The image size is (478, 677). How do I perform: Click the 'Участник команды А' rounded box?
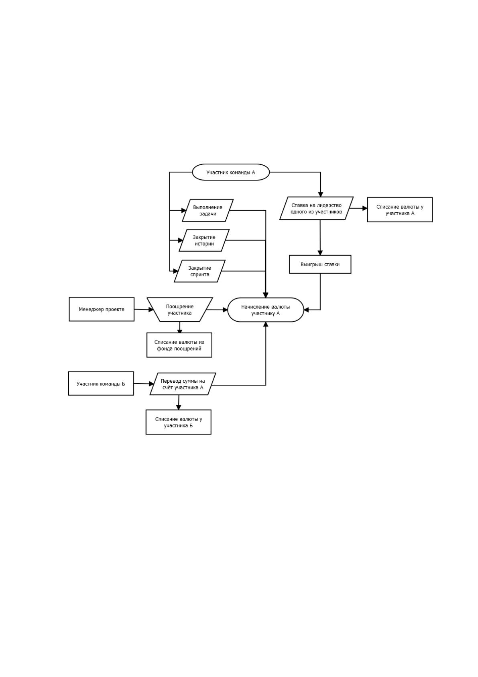coord(230,172)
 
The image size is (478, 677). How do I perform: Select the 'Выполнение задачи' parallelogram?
coord(207,210)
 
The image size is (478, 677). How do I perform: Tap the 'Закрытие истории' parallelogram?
coord(204,240)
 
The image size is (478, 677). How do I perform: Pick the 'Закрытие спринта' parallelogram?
coord(199,271)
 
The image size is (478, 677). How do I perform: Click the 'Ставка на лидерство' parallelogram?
coord(316,208)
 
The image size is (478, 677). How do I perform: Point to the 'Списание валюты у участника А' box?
coord(400,210)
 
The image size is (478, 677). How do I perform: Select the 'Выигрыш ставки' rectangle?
coord(320,265)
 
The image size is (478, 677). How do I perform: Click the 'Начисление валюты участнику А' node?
coord(266,310)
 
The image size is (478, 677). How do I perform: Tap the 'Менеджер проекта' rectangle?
coord(102,309)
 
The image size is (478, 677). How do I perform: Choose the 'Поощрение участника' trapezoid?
coord(179,310)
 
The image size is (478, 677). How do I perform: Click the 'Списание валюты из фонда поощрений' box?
coord(179,345)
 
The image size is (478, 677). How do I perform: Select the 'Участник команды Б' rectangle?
coord(101,384)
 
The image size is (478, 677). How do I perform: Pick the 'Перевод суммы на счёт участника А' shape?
coord(183,384)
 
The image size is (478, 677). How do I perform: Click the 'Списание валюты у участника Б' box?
coord(178,422)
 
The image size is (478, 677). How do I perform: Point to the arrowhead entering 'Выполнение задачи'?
coord(184,210)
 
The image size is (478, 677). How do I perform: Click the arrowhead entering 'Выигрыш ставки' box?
coord(320,252)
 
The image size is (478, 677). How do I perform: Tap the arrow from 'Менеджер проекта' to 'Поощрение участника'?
coord(144,310)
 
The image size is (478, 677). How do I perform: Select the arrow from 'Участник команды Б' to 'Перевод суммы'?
coord(144,384)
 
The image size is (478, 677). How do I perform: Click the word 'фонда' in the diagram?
coord(164,349)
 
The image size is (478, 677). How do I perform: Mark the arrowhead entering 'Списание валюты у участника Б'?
coord(178,407)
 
